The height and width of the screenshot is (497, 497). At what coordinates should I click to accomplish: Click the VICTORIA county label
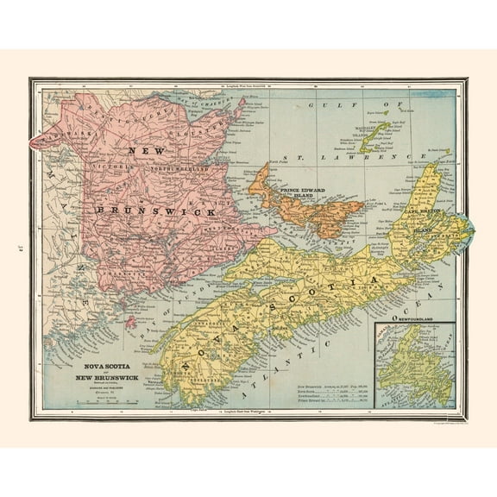click(x=104, y=160)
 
